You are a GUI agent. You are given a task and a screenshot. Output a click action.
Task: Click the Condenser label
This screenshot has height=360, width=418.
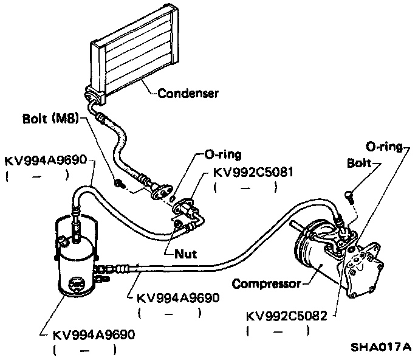pyautogui.click(x=188, y=94)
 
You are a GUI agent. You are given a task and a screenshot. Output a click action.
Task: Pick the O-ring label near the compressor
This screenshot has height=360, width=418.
pyautogui.click(x=384, y=147)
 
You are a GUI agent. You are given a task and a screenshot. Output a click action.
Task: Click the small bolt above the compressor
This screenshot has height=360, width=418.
pyautogui.click(x=348, y=195)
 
